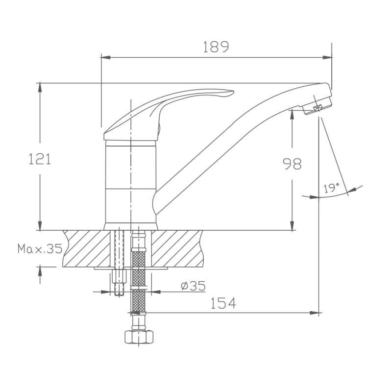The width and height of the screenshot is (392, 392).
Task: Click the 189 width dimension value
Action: (216, 47)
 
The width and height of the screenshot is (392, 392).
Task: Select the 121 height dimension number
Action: (40, 159)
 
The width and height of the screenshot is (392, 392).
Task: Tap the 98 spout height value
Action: (292, 164)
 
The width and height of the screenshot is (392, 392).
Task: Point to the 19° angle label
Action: (332, 188)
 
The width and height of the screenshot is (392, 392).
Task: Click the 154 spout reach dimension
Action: (223, 303)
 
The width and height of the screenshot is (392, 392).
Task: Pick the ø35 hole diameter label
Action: (193, 286)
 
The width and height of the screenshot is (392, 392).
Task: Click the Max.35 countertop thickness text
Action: (40, 248)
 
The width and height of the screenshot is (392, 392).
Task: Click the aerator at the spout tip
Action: (317, 107)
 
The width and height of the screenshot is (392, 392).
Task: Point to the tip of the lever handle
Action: (233, 92)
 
